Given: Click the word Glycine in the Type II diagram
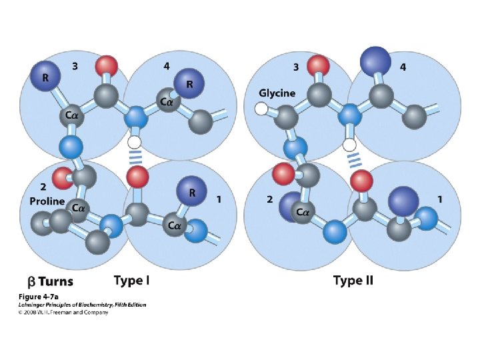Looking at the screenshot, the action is (x=277, y=93).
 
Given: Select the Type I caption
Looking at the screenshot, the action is (x=132, y=280).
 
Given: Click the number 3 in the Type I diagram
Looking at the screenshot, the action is (x=75, y=66).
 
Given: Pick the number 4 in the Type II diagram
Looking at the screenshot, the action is (x=403, y=67).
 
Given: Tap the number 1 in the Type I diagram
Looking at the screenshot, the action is (x=219, y=199).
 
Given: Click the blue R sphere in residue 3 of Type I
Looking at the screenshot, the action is (x=45, y=78).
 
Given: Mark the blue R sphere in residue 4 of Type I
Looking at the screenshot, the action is (x=189, y=85).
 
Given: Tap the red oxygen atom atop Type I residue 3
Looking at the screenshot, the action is (x=107, y=65).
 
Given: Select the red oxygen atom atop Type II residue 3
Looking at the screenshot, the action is (x=319, y=65).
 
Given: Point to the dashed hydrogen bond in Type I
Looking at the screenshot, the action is (x=135, y=158).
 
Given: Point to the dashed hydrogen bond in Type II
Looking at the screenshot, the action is (x=353, y=159).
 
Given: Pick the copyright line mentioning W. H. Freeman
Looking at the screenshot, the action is (x=63, y=311).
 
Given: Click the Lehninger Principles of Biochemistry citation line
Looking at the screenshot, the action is (x=81, y=304).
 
